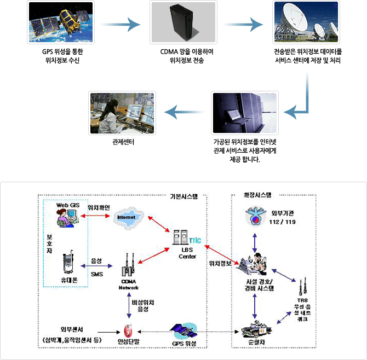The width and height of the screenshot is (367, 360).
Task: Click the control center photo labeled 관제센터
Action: point(122,113)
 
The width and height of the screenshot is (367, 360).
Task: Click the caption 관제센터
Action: point(122,146)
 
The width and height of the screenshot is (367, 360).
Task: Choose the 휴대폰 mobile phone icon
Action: point(68,264)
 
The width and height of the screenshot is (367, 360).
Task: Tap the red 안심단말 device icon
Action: point(129,330)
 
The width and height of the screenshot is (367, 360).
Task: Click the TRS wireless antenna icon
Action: point(301,286)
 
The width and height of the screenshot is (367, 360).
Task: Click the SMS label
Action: point(96,274)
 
